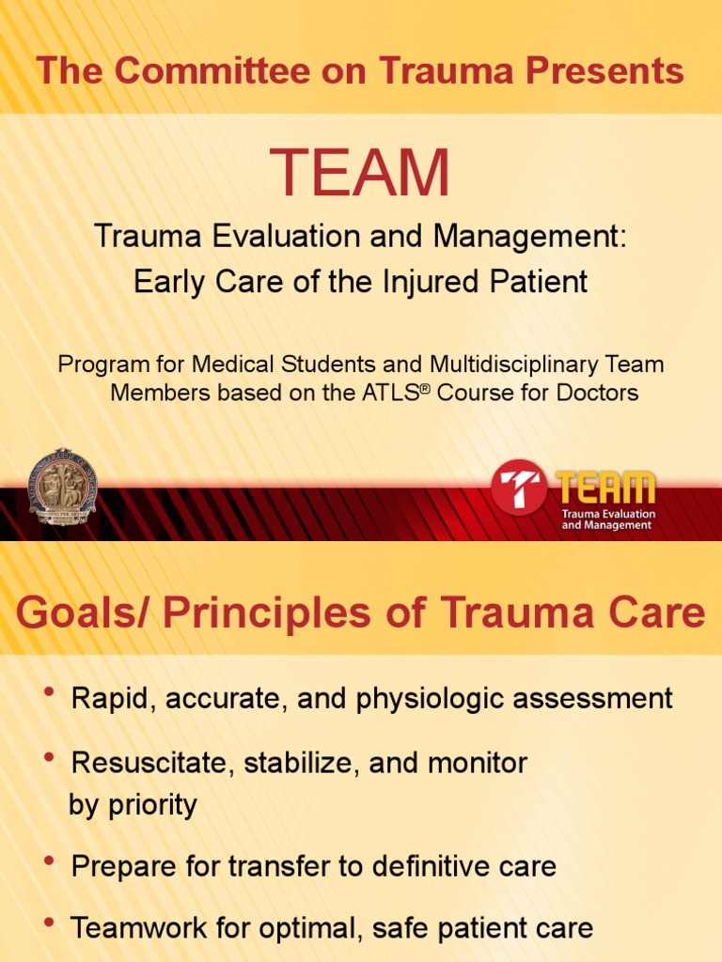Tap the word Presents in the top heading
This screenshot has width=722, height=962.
point(598,70)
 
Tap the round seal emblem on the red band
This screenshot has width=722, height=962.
point(62,486)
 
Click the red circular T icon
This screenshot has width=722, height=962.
point(519,487)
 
